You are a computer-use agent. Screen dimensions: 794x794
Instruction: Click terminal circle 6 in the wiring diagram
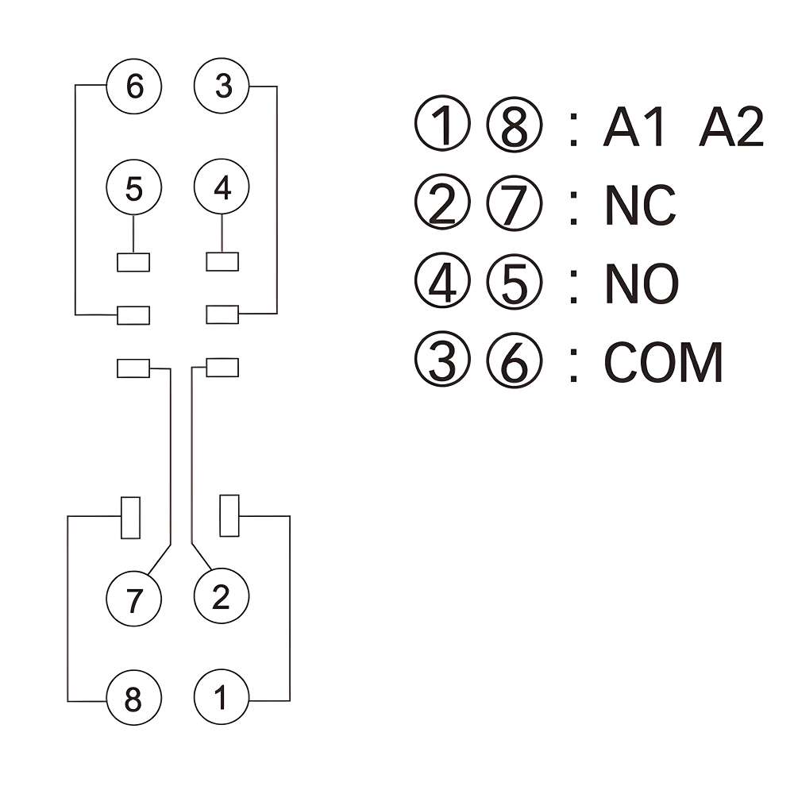[x=134, y=86]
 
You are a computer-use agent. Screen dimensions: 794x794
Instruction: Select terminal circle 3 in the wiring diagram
[x=222, y=86]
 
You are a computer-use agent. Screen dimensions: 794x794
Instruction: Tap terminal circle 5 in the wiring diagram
[x=134, y=188]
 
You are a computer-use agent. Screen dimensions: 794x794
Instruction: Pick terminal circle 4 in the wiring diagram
[x=222, y=188]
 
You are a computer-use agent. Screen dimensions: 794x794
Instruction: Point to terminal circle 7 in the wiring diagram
[x=134, y=598]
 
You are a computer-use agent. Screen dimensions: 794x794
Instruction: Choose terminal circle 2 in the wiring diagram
[x=222, y=596]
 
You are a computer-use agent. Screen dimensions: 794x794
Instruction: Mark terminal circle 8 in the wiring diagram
[x=134, y=700]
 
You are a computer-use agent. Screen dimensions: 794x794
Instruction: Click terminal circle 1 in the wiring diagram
[x=222, y=700]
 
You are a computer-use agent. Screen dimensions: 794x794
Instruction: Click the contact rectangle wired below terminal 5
[x=133, y=262]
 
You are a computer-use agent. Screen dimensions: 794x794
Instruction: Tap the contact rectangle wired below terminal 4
[x=222, y=262]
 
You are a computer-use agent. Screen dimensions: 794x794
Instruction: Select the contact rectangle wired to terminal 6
[x=133, y=315]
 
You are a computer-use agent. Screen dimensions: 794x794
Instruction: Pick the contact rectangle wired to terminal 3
[x=222, y=314]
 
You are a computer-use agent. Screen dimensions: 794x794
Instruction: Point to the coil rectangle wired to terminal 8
[x=130, y=517]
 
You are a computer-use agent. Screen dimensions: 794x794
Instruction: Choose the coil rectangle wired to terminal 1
[x=229, y=515]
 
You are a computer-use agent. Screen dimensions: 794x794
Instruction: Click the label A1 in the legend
[x=632, y=128]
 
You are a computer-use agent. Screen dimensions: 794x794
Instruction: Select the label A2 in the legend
[x=730, y=128]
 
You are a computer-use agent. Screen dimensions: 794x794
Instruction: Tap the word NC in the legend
[x=640, y=205]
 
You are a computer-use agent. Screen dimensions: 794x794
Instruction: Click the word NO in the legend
[x=642, y=283]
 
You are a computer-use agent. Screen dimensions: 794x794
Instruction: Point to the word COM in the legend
[x=664, y=363]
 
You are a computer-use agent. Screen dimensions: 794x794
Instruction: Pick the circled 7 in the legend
[x=514, y=205]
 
